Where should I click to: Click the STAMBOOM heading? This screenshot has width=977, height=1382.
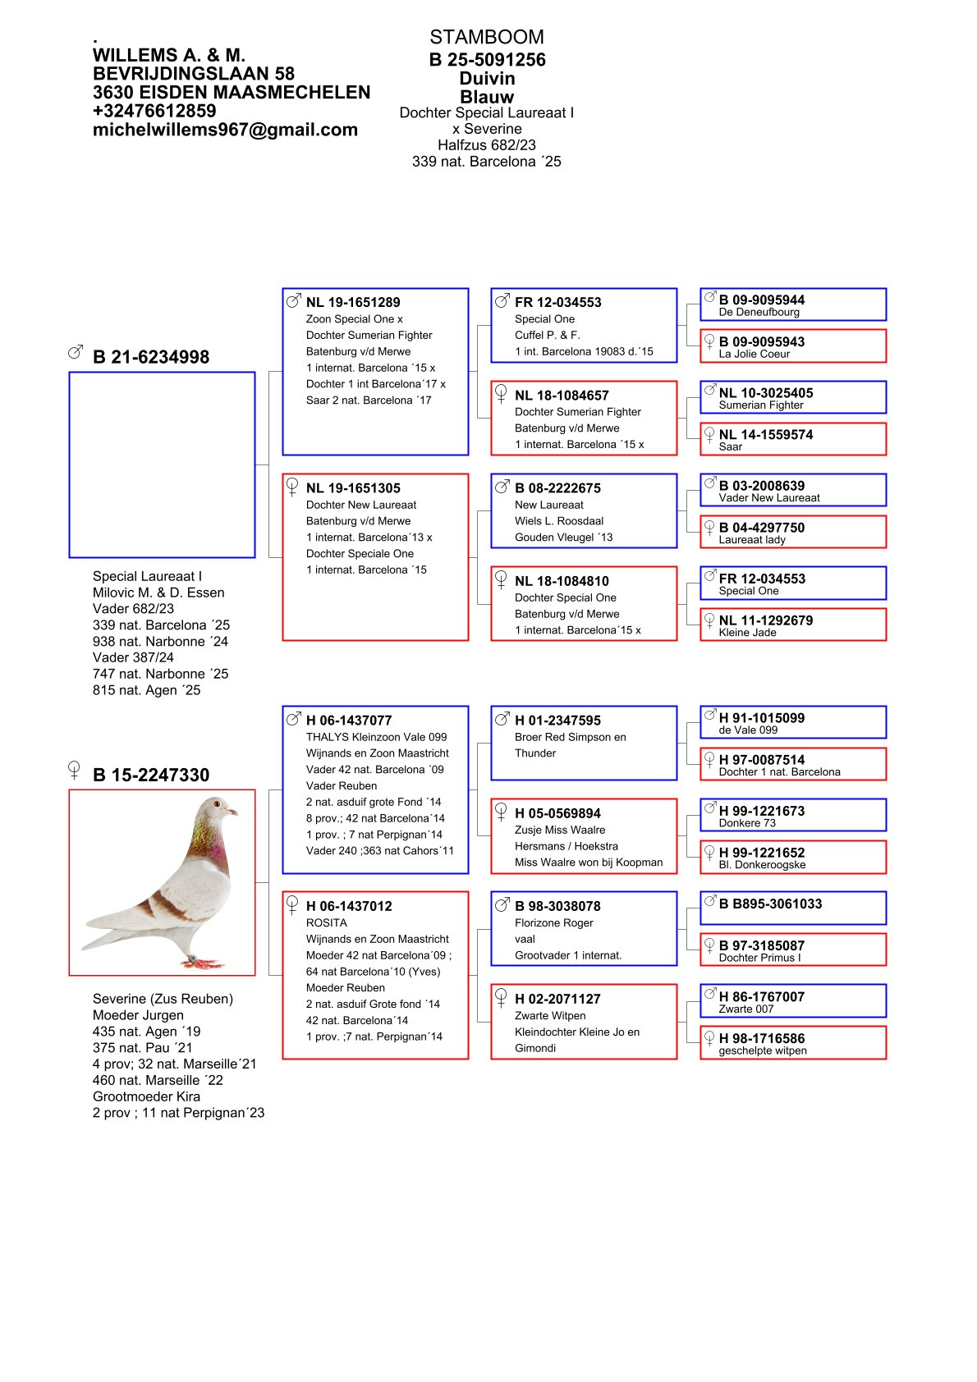tap(486, 37)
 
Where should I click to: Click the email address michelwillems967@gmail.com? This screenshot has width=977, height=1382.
tap(225, 130)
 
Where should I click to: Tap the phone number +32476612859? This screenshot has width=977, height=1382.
tap(154, 111)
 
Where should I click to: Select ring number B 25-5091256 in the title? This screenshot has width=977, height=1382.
tap(487, 60)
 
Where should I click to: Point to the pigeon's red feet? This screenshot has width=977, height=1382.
tap(200, 960)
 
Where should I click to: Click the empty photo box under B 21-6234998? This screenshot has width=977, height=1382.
tap(162, 464)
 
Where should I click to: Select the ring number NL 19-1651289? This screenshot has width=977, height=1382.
tap(353, 302)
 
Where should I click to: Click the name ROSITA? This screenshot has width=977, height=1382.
tap(327, 922)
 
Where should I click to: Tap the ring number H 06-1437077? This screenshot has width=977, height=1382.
tap(349, 721)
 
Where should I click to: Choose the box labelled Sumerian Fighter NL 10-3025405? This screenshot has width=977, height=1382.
tap(793, 397)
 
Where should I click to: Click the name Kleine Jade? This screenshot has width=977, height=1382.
tap(747, 633)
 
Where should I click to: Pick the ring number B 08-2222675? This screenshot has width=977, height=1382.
tap(557, 488)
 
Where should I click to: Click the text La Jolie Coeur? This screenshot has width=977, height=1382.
tap(754, 355)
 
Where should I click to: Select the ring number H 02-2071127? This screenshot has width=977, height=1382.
tap(557, 999)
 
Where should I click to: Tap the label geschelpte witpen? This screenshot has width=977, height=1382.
tap(763, 1050)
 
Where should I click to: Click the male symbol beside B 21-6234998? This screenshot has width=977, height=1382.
tap(76, 352)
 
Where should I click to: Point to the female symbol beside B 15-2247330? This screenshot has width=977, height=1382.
tap(74, 770)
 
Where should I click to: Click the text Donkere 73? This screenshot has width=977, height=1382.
tap(747, 823)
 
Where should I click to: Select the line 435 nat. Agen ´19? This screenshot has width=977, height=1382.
tap(146, 1032)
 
